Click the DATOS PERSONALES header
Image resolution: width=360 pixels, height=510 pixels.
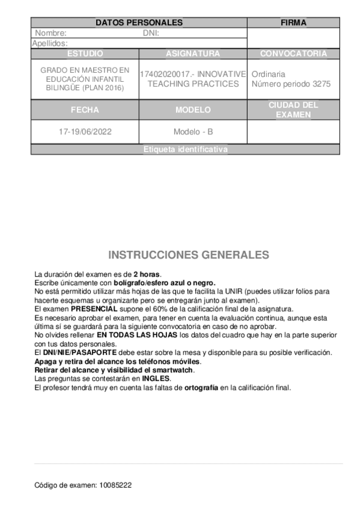(x=139, y=23)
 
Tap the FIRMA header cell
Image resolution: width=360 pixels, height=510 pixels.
(x=293, y=23)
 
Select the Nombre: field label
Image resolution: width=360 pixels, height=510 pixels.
(x=50, y=34)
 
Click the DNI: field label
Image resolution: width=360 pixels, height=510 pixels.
(x=150, y=34)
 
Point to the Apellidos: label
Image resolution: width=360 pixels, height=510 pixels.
(x=49, y=43)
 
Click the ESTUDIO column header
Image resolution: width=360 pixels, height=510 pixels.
(x=85, y=54)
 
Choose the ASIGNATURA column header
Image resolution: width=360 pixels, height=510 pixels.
(x=193, y=54)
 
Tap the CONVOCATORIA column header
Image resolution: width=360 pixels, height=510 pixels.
(x=293, y=54)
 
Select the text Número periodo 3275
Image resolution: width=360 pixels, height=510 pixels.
(x=291, y=84)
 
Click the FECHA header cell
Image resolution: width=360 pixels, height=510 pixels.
(x=85, y=110)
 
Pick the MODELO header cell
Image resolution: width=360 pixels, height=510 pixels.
(x=193, y=110)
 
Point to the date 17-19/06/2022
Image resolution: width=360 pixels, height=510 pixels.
(x=85, y=131)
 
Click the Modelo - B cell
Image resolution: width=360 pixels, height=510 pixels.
(x=193, y=131)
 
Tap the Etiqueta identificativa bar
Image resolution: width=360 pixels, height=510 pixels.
(x=186, y=150)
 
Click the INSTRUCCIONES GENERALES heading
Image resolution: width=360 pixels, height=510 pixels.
(x=189, y=254)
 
